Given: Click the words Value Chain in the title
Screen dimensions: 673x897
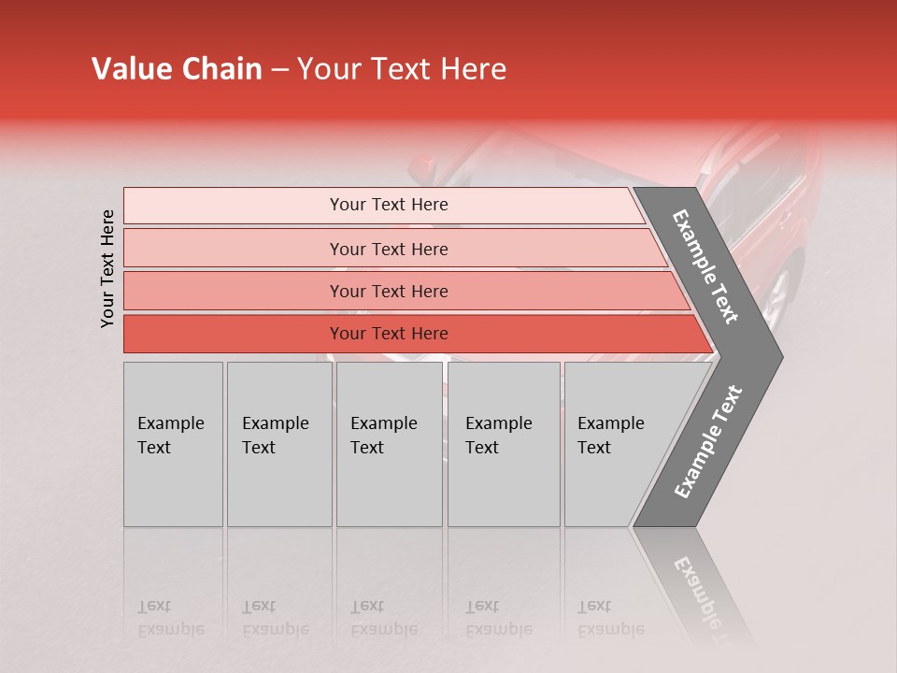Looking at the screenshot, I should [177, 69].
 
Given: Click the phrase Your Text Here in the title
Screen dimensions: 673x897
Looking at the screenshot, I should [402, 69].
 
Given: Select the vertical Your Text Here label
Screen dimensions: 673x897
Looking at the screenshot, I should [107, 268].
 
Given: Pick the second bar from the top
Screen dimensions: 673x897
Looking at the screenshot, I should [388, 249].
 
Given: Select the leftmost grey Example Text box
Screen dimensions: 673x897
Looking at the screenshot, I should [173, 444].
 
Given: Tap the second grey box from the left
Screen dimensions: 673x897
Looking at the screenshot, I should [278, 444].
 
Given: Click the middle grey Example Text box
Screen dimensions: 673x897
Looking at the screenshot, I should [389, 444].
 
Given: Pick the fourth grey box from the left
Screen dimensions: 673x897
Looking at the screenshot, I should [504, 444].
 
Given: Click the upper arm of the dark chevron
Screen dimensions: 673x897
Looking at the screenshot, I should [705, 266].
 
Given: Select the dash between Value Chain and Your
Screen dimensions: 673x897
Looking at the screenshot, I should [278, 70].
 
